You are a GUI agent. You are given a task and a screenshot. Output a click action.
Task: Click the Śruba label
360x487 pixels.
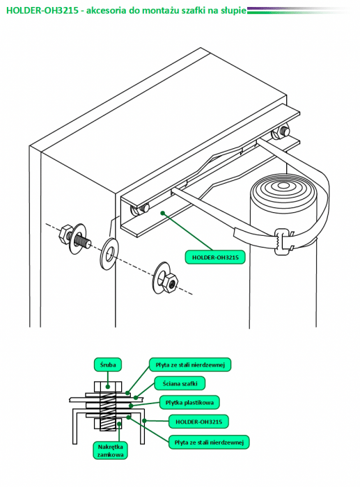pyautogui.click(x=107, y=365)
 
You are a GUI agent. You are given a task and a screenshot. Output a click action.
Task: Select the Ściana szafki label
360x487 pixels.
pyautogui.click(x=180, y=383)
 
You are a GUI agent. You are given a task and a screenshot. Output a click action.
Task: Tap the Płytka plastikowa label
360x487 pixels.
pyautogui.click(x=189, y=403)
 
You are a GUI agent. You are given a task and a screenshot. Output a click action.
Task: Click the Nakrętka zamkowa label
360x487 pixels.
pyautogui.click(x=110, y=451)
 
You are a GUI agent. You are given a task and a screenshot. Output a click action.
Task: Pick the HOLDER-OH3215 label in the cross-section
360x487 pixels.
pyautogui.click(x=198, y=422)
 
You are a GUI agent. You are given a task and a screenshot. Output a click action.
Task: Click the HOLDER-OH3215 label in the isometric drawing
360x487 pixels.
pyautogui.click(x=215, y=257)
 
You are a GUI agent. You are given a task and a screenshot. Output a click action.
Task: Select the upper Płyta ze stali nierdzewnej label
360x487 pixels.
pyautogui.click(x=190, y=365)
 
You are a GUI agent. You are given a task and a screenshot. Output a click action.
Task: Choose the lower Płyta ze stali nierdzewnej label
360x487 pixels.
pyautogui.click(x=209, y=442)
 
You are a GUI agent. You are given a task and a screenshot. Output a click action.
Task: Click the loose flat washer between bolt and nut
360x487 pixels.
pyautogui.click(x=109, y=254)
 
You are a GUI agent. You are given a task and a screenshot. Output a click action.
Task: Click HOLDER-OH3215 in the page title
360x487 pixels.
pyautogui.click(x=42, y=10)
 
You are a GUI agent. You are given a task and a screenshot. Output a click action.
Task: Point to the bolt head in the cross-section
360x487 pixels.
pyautogui.click(x=107, y=387)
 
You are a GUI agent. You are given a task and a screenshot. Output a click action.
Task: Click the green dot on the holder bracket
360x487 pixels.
pyautogui.click(x=162, y=213)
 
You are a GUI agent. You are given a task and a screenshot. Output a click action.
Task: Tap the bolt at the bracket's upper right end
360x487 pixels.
pyautogui.click(x=281, y=133)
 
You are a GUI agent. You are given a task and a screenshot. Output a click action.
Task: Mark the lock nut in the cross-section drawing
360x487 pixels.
pyautogui.click(x=108, y=424)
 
